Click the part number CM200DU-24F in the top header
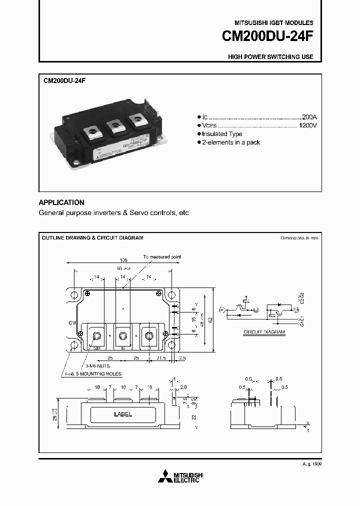tap(268, 37)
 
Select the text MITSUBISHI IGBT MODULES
tap(273, 23)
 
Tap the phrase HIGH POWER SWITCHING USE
tap(270, 57)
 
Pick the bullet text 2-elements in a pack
tap(230, 142)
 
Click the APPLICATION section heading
tap(61, 202)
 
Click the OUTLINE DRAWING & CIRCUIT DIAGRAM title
tap(92, 238)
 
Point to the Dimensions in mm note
tap(299, 238)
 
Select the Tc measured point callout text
tap(162, 256)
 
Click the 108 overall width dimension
tap(123, 260)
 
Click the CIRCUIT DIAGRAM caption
tap(264, 332)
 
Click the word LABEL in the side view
tap(123, 414)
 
